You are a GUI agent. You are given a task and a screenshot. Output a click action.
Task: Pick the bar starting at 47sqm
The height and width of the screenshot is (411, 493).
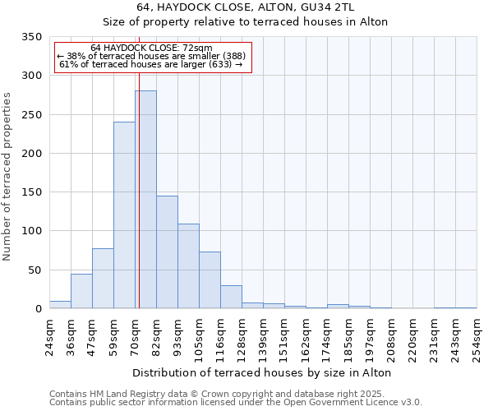(103, 279)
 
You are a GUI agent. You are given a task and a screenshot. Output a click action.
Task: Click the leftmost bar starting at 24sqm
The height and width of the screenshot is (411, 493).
(60, 305)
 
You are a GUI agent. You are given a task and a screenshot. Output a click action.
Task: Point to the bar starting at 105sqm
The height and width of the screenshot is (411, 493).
(210, 280)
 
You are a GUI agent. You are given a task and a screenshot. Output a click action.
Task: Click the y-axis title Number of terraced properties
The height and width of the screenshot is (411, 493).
(7, 177)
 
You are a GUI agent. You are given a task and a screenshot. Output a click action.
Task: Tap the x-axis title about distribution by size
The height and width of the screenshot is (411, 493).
(261, 372)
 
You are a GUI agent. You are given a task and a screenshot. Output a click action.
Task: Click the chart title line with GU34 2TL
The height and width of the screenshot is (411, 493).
(261, 7)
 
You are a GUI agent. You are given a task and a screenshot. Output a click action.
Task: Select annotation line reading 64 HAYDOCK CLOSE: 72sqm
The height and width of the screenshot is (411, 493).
(151, 48)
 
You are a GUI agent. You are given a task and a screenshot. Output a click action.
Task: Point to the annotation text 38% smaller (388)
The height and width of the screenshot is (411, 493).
(151, 56)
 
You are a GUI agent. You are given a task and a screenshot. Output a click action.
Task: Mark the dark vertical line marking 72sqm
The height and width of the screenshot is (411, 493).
(139, 205)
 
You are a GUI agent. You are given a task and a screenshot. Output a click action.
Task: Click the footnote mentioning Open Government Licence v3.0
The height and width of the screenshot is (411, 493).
(236, 402)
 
